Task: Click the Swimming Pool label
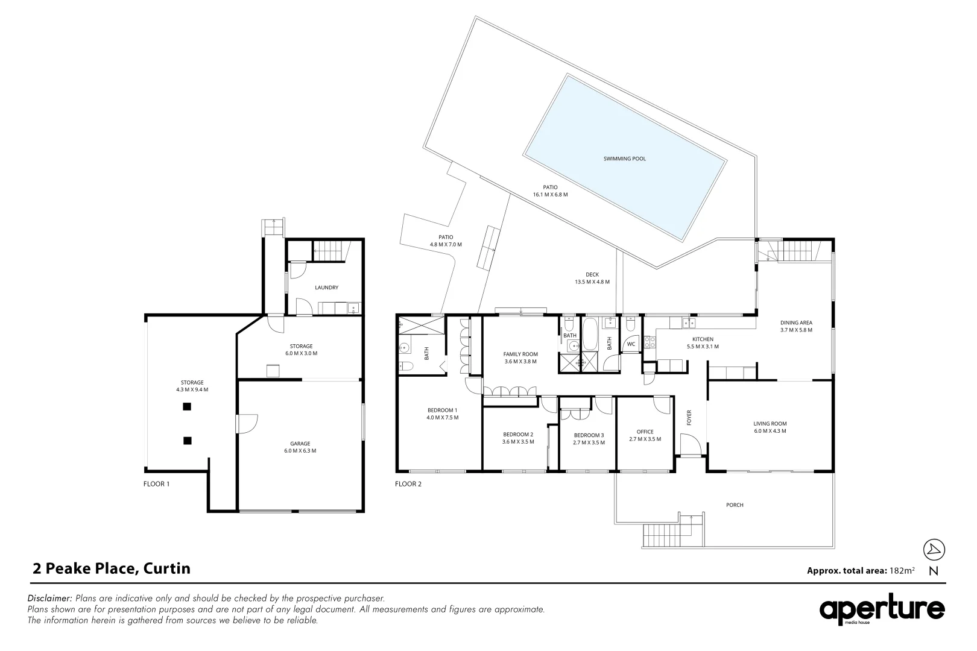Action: pos(624,159)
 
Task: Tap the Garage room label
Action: pos(300,443)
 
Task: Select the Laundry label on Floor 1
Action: pos(326,288)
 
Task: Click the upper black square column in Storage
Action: pos(187,407)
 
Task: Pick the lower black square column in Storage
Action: pos(187,441)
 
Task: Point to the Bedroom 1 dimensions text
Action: pos(442,418)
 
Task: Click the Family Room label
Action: pos(520,354)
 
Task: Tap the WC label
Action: pos(631,344)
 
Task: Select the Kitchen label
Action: pos(703,339)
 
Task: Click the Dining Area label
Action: pos(796,322)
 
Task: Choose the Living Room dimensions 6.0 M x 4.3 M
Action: pos(770,431)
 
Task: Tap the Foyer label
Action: pos(689,417)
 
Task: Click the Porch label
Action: pos(735,505)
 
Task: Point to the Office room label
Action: pos(645,432)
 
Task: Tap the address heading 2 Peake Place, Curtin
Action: pos(111,568)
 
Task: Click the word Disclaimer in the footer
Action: pos(49,599)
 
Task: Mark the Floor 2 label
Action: pos(408,483)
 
